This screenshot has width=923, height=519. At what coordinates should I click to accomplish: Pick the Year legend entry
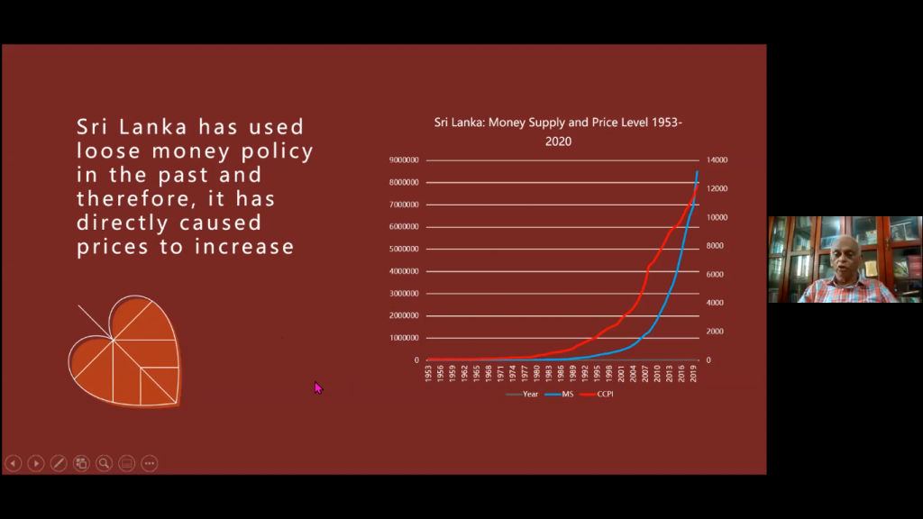point(525,395)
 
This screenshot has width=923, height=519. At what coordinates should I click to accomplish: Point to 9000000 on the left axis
point(404,160)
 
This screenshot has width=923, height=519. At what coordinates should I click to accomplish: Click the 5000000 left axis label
point(404,249)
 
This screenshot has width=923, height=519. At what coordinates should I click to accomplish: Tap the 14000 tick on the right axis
point(717,160)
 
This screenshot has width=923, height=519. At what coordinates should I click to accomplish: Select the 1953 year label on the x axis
point(428,374)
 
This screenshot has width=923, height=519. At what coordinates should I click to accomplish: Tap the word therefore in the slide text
point(132,198)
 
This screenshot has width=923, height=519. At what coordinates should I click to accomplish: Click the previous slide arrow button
point(13,463)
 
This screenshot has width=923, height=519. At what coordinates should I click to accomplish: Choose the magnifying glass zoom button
point(104,463)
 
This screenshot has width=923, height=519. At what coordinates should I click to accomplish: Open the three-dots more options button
point(150,463)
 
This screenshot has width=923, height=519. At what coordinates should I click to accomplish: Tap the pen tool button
point(59,463)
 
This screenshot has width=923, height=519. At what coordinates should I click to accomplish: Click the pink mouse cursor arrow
point(318,387)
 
